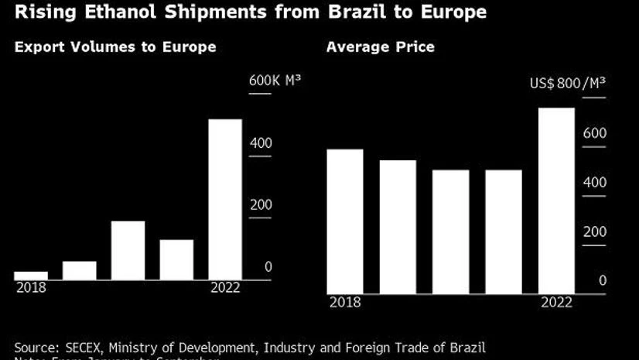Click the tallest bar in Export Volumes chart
tap(225, 199)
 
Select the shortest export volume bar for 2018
tap(31, 275)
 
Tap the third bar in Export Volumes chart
tap(128, 250)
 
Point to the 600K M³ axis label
tap(274, 81)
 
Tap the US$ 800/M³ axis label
tap(567, 84)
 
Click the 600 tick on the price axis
tap(595, 133)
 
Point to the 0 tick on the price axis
tap(603, 281)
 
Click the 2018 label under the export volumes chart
tap(30, 287)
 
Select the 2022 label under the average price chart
tap(557, 302)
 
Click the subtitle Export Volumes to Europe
tap(114, 47)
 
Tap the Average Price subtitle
tap(380, 47)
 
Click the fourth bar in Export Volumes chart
tap(176, 259)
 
